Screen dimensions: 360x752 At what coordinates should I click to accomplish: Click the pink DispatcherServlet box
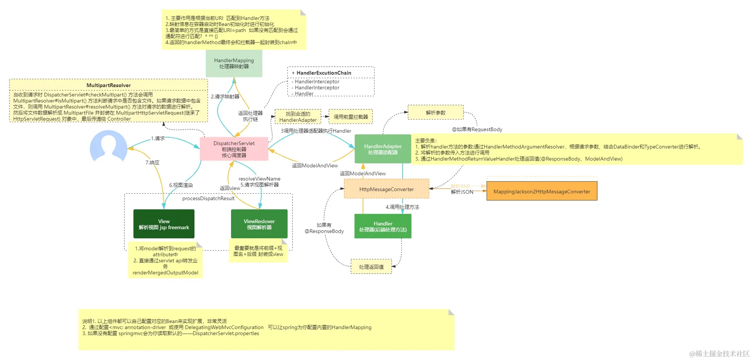tap(234, 149)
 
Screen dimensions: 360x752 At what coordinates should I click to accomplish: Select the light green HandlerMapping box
tap(234, 63)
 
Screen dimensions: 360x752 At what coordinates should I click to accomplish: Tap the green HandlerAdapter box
tap(383, 149)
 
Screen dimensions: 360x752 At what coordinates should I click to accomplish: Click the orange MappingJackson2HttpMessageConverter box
tap(542, 191)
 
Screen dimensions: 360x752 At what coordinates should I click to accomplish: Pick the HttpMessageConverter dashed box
tap(386, 189)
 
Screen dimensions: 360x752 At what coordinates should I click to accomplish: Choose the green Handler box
tap(383, 226)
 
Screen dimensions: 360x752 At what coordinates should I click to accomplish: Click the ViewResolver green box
tap(259, 224)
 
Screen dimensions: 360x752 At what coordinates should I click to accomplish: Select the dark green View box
tap(164, 224)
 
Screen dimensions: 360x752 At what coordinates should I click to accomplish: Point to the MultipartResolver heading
tap(109, 85)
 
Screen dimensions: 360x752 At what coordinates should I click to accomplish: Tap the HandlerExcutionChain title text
tap(323, 73)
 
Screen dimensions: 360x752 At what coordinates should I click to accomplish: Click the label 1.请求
tap(158, 138)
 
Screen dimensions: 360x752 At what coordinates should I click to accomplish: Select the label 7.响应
tap(152, 162)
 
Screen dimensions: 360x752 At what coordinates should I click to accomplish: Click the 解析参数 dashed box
tap(435, 112)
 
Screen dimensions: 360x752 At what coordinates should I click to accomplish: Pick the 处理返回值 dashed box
tap(371, 267)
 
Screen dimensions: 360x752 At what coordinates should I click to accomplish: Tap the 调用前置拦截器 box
tap(351, 116)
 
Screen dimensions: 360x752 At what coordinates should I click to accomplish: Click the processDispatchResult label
tap(208, 198)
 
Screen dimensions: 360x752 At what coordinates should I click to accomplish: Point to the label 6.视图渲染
tap(181, 185)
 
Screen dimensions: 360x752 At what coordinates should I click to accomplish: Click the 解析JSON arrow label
tap(462, 192)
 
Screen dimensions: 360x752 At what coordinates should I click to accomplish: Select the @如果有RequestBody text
tap(477, 129)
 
